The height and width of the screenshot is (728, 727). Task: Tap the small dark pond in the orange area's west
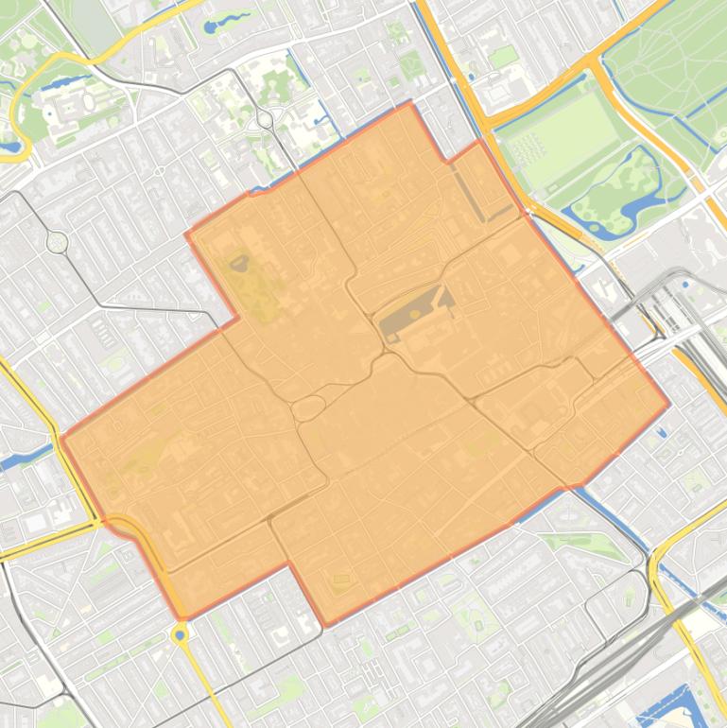coord(240,263)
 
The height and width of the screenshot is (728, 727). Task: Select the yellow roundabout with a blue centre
coord(180,635)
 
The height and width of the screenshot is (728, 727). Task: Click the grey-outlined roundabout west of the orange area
coord(58,242)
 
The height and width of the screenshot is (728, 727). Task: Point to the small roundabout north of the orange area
coord(265,119)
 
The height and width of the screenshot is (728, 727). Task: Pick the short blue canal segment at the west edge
coord(19,461)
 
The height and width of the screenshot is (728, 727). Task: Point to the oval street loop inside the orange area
coord(307,408)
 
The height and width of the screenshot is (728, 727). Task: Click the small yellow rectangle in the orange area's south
coord(340,579)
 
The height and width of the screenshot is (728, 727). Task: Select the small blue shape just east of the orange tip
coord(661,432)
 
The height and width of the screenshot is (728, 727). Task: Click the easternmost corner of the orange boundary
coord(669,404)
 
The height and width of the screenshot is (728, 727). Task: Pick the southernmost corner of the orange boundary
coord(327,625)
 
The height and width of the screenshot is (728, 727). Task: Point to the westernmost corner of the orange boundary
coord(61,437)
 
